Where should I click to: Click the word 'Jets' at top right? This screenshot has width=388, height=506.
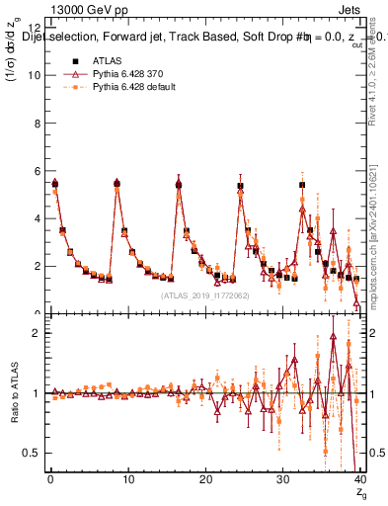tap(350, 10)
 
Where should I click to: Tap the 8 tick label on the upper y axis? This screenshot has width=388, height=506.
tap(36, 123)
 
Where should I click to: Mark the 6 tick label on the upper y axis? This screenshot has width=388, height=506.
tap(36, 170)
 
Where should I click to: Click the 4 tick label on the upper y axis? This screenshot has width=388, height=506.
tap(36, 218)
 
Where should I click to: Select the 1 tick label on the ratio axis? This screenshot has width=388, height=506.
tap(36, 392)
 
